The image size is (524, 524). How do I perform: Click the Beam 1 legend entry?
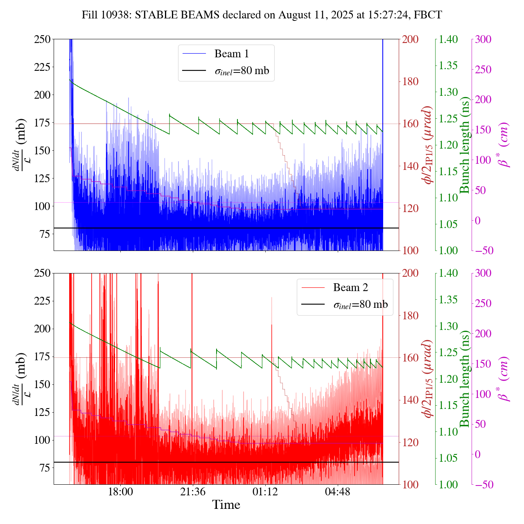[x=231, y=54]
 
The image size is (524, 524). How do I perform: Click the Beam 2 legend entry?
[x=350, y=287]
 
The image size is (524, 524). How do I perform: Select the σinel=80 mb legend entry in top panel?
[x=242, y=71]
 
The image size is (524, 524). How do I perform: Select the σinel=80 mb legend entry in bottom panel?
[x=361, y=305]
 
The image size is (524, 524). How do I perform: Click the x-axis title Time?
[x=226, y=505]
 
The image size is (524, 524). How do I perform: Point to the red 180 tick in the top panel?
[x=411, y=81]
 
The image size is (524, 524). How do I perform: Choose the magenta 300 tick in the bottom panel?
[x=483, y=273]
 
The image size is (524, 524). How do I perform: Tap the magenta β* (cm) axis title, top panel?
[x=504, y=145]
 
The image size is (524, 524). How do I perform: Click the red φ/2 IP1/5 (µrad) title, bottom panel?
[x=428, y=379]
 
